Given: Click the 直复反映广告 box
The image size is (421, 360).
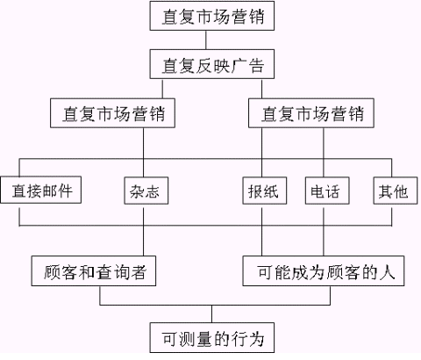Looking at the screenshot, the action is pos(212,64).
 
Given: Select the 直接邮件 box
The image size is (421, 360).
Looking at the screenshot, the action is pos(41,190).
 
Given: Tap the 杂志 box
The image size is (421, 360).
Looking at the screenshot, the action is pos(146,191).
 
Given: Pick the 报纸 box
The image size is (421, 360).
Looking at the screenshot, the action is pos(265,191).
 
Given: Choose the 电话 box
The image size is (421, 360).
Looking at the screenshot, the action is pos(327,191).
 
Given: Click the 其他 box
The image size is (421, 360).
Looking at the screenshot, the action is pos(396,191).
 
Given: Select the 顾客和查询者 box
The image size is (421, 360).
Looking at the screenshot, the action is pos(94,271).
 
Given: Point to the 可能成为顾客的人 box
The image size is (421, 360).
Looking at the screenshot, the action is pos(324,271).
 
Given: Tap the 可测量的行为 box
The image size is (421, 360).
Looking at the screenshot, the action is pos(212,338).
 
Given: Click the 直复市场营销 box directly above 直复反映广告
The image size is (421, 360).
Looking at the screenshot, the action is pos(212,16).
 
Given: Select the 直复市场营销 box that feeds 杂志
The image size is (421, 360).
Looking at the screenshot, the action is pos(112,113).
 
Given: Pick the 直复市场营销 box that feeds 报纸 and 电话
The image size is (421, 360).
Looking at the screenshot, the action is pos(311,113).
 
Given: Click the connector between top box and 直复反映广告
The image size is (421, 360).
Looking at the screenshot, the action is pos(206,40).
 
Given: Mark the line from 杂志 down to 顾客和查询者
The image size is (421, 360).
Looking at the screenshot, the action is pos(143,232).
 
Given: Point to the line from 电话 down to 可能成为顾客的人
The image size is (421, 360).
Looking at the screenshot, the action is pos(324,232).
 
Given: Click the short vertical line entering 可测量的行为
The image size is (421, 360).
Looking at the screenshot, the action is pos(212,314).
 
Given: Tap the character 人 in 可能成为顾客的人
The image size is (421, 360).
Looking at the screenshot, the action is pos(388,272).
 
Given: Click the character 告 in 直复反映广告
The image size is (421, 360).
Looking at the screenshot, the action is pos(256,66).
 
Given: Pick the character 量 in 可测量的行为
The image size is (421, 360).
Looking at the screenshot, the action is pos(204,339).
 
